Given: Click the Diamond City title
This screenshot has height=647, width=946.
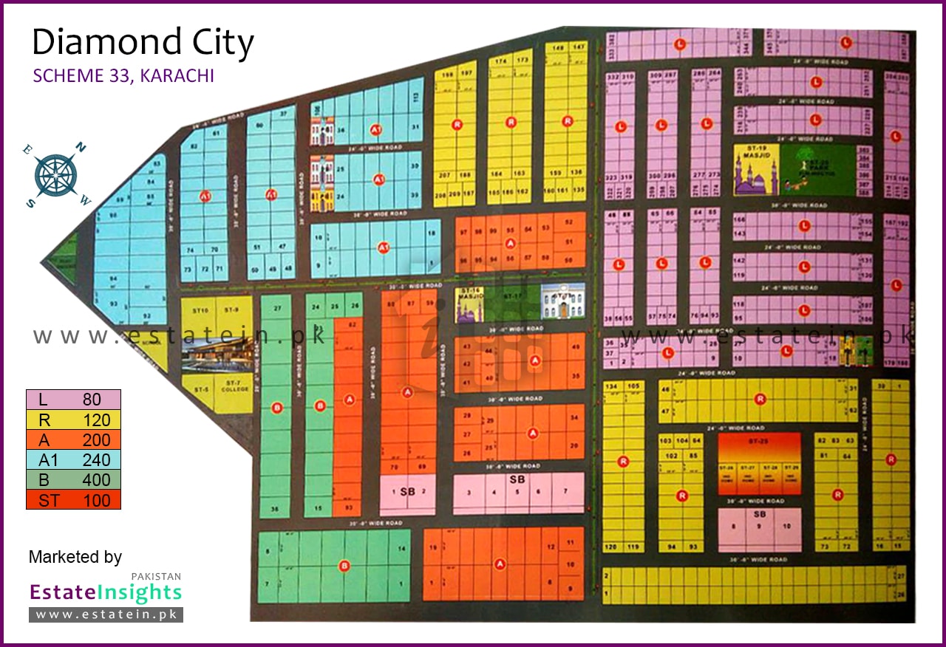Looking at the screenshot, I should coord(143,43).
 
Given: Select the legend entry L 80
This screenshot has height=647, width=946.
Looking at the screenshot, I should coord(73,400).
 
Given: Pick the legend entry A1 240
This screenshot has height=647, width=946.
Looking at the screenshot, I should coord(73,460).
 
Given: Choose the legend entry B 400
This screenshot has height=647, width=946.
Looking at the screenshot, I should coord(73,480).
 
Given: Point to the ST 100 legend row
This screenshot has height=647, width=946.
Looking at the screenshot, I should coord(73,500).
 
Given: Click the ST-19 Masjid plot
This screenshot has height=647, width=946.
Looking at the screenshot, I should coord(753,169).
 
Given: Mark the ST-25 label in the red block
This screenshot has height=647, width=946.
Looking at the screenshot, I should coord(758,441).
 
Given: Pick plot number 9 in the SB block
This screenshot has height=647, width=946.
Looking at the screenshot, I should coord(759,527).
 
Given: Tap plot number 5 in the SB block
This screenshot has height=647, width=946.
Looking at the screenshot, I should coord(517,492).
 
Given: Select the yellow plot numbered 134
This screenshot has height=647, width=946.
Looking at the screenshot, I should coord(611,386).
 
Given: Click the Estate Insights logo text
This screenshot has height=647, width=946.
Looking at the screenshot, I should coord(105,592).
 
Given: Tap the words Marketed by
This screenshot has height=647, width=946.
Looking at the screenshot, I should coord(75,557).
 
